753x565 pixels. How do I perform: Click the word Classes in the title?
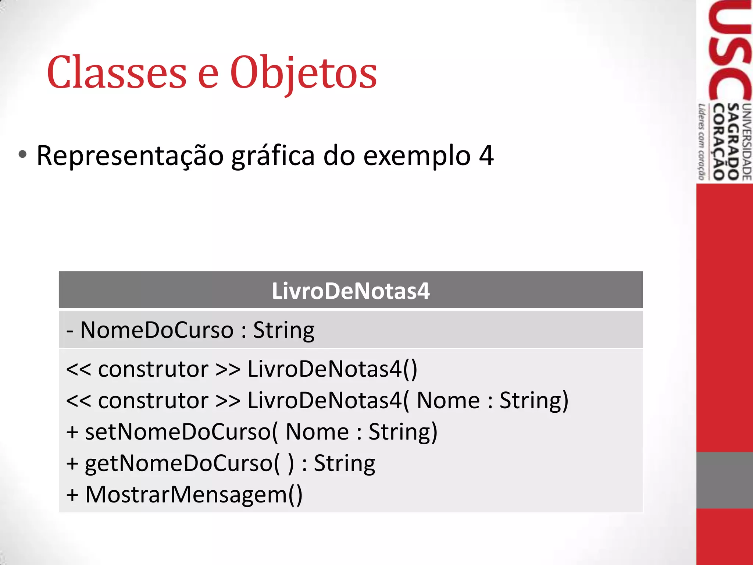117,72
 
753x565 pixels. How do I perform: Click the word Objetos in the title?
303,72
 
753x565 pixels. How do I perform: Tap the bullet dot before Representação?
22,155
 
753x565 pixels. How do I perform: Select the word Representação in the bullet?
130,156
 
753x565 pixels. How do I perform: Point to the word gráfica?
273,156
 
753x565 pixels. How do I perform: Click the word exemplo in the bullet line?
417,156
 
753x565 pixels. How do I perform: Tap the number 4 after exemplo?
486,155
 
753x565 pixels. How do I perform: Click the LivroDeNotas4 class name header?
350,291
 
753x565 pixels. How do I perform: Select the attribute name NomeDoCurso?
157,330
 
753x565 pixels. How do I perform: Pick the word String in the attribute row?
283,330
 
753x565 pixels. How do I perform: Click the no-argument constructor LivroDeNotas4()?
332,369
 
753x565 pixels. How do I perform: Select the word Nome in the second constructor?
448,400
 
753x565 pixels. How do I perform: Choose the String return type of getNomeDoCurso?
344,463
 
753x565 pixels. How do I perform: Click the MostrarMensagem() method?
194,494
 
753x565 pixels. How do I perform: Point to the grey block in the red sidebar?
724,480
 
